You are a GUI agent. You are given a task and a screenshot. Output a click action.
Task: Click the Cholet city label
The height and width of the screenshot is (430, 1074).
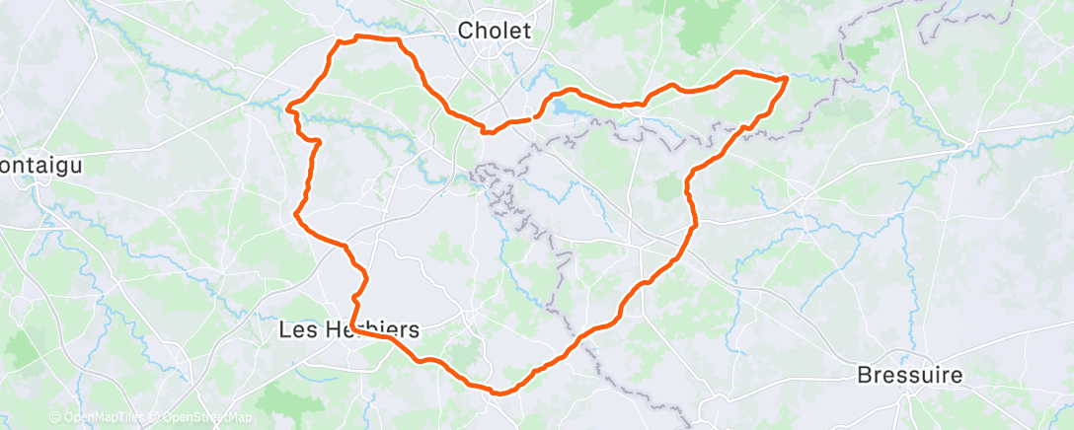tap(495, 32)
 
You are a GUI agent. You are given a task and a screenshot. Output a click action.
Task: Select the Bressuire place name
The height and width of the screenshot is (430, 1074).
tap(909, 376)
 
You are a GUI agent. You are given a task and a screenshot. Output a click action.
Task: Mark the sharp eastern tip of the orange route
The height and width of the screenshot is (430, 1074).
tap(787, 78)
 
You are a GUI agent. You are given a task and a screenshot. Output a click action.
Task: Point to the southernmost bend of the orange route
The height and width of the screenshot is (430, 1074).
tap(499, 393)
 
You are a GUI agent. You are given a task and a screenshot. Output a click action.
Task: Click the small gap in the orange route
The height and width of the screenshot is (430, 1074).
tap(535, 117)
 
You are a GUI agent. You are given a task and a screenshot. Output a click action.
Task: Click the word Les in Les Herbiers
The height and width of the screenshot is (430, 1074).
tap(297, 331)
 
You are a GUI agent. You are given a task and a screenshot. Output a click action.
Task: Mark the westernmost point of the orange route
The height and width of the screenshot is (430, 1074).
tap(287, 107)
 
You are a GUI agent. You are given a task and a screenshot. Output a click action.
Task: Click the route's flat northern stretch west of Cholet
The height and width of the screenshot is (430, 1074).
tap(375, 38)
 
